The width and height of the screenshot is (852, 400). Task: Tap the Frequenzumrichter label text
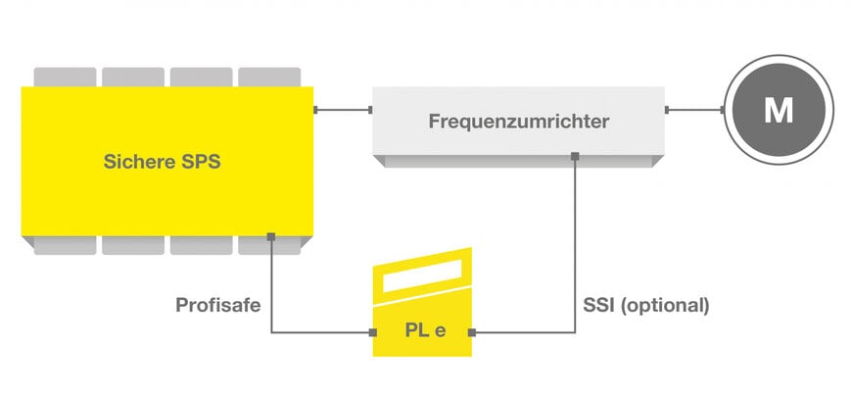pos(519,123)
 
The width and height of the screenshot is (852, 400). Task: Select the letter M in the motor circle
pos(779,111)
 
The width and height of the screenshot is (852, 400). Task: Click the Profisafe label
pos(217,305)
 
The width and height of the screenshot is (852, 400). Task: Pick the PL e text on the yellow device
pos(425,330)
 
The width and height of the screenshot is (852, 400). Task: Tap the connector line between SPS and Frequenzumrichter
pos(343,110)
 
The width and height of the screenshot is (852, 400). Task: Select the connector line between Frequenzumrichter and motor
pos(694,110)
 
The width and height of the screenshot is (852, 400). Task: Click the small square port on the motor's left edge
pos(724,110)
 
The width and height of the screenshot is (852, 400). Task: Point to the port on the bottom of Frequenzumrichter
pos(575,155)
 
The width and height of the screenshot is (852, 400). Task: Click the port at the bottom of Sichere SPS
pos(271,235)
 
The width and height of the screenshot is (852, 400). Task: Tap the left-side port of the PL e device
pos(373,333)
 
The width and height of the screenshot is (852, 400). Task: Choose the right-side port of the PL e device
pos(473,333)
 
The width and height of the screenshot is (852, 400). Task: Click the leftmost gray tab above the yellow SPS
pos(65,76)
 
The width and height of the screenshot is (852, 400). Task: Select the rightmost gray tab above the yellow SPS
pos(269,76)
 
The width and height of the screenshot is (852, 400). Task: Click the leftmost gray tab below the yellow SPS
pos(65,246)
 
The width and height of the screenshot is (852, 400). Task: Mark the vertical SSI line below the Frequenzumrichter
pos(575,245)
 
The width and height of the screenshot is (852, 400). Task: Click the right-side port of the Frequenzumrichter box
pos(667,110)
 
